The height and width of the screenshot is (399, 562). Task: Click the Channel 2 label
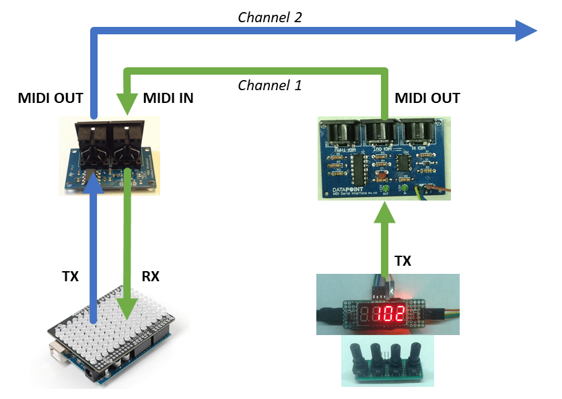(x=270, y=17)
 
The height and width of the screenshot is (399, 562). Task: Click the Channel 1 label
(x=270, y=85)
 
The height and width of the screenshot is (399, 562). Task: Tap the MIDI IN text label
(x=168, y=99)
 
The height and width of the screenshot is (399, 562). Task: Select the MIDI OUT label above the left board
(x=50, y=99)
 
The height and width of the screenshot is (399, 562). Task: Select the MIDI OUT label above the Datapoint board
(x=427, y=99)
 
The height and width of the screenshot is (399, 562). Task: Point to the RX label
(x=150, y=277)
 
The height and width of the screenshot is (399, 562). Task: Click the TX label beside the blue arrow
(x=70, y=277)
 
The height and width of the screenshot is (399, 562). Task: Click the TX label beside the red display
(x=402, y=261)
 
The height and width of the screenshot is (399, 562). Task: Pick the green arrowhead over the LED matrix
(x=127, y=308)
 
